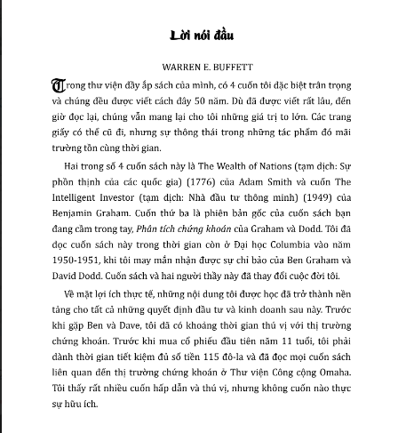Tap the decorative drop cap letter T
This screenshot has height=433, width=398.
coord(36,87)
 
